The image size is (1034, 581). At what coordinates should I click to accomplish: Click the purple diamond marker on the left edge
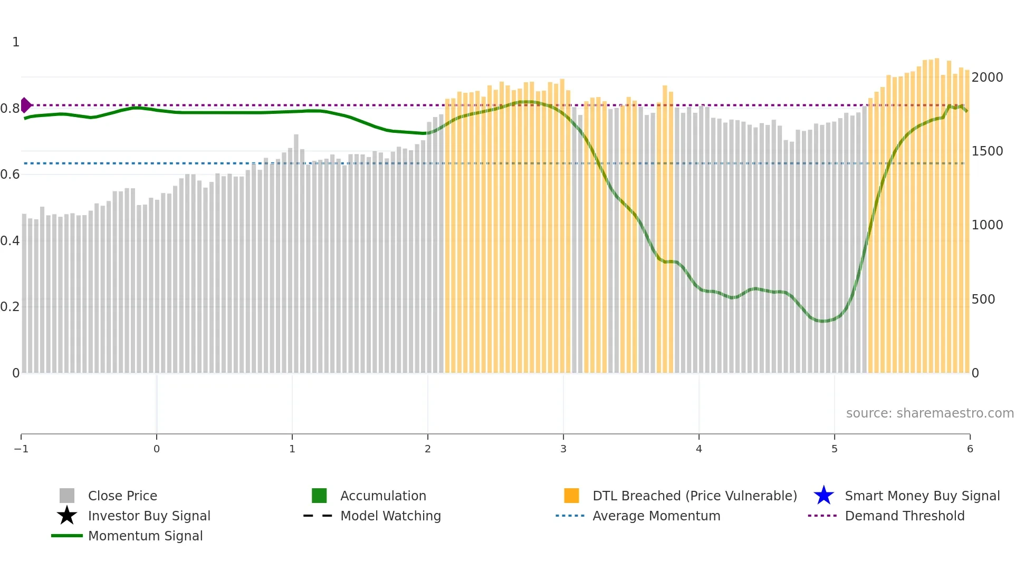25,105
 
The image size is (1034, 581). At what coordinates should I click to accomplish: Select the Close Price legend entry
122,496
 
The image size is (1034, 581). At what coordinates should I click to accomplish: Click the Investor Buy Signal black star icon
67,516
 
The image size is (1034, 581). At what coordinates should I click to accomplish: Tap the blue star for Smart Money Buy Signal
824,496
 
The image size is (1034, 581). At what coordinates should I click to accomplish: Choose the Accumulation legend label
383,496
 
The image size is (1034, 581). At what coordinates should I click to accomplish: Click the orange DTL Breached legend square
571,496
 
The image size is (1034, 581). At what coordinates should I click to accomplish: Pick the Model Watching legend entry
390,516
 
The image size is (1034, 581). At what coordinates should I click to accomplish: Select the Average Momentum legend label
656,516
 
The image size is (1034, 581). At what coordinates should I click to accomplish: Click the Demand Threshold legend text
904,516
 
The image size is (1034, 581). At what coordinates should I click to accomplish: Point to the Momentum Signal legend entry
145,536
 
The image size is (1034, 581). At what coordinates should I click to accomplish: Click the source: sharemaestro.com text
930,413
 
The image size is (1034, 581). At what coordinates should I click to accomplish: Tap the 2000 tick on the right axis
987,78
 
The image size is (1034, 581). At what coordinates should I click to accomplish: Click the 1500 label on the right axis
987,151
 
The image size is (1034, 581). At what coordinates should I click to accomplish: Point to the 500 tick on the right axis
983,299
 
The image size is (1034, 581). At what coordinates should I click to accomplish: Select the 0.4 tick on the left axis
10,241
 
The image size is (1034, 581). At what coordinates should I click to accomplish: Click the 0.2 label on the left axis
10,307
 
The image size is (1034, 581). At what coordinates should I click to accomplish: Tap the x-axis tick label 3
563,449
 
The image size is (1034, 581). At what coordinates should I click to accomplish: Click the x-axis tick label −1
21,449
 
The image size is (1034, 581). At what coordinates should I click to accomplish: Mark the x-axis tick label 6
970,449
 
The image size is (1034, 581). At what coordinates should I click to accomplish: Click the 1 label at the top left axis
16,42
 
